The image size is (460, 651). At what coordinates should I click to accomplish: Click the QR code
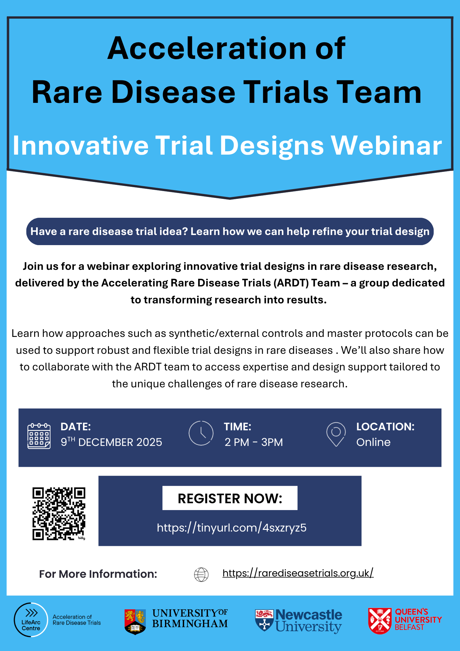click(59, 514)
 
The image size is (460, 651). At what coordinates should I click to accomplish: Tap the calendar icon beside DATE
click(39, 436)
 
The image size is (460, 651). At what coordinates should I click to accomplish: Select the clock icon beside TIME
click(201, 433)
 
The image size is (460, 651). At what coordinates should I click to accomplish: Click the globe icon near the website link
click(201, 575)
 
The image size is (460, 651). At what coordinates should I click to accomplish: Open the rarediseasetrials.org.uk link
click(298, 573)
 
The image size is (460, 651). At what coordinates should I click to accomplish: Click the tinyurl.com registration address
click(232, 528)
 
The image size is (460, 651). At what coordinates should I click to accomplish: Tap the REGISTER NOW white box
click(230, 498)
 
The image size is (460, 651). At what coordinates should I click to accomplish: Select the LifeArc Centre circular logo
click(31, 620)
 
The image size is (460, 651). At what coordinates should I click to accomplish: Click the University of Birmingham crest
click(135, 622)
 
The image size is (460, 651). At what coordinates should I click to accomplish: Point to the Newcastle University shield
click(264, 620)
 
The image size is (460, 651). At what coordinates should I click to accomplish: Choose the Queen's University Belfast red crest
click(380, 621)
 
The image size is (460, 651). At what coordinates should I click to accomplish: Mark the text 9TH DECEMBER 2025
click(111, 442)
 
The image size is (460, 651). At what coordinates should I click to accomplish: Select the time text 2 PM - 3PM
click(254, 442)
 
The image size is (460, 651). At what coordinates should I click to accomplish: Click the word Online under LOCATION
click(373, 442)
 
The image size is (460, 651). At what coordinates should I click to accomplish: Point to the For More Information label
click(98, 574)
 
